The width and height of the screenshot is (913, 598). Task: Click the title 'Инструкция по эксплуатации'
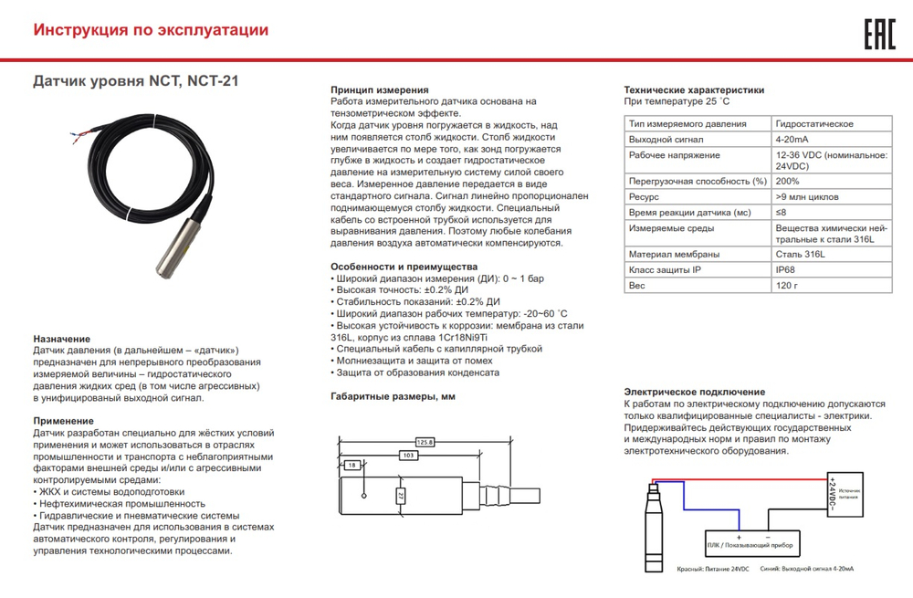(x=151, y=30)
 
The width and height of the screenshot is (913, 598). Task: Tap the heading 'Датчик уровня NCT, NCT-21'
(x=136, y=80)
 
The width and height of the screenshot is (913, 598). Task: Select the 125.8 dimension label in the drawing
(x=424, y=442)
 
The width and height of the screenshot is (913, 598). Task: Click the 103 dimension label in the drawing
(x=408, y=454)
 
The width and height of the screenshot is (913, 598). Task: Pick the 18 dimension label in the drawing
(x=353, y=466)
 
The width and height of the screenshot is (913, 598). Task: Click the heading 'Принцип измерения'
(x=379, y=90)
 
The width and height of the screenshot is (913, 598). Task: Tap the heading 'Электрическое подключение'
(x=694, y=391)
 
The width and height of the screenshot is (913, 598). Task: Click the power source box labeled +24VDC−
(x=844, y=495)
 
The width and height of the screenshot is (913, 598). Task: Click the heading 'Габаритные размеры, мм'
(x=392, y=396)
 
